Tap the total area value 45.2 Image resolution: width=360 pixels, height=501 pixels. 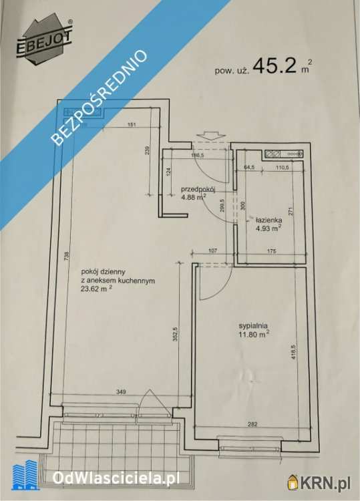point(275,65)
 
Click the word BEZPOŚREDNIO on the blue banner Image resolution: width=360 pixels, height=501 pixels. point(100,97)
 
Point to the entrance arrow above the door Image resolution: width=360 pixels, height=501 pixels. point(212,136)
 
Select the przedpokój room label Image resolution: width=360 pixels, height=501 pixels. point(198,189)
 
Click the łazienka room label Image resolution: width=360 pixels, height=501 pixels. point(268,220)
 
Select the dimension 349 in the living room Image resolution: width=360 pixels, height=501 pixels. point(121,391)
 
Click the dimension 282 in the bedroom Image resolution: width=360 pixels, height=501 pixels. point(252,424)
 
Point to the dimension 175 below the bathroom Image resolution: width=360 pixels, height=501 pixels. point(271,251)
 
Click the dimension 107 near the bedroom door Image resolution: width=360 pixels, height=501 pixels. point(212,251)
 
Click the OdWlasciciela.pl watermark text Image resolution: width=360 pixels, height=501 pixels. point(116,478)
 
